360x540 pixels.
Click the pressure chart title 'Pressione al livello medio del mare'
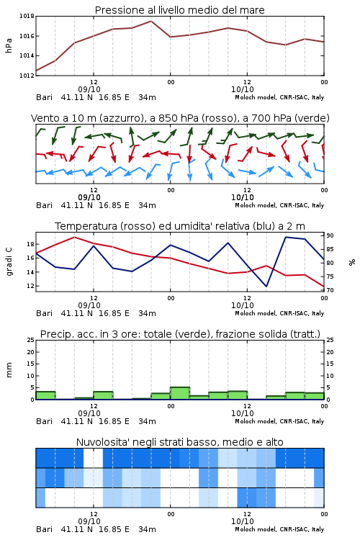coord(179,10)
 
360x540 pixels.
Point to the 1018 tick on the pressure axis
coord(27,16)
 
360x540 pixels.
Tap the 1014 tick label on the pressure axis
coord(27,55)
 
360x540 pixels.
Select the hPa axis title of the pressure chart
coord(9,45)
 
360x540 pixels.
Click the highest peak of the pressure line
coord(151,21)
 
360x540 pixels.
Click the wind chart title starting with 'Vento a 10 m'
coord(180,118)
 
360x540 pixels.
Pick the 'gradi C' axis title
coord(9,262)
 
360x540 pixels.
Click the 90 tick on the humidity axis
coord(330,235)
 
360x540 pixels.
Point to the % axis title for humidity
coord(352,262)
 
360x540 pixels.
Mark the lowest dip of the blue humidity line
coord(266,286)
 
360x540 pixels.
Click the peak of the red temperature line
coord(74,238)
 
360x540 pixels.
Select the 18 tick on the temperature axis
coord(30,244)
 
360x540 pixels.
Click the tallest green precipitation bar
coord(180,393)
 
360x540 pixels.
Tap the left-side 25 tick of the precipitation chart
coord(31,340)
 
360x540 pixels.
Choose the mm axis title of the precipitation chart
coord(9,370)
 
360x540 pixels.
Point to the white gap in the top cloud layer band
coord(93,458)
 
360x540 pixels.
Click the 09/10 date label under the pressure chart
coord(89,89)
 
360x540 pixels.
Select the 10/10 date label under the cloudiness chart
coord(242,521)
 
